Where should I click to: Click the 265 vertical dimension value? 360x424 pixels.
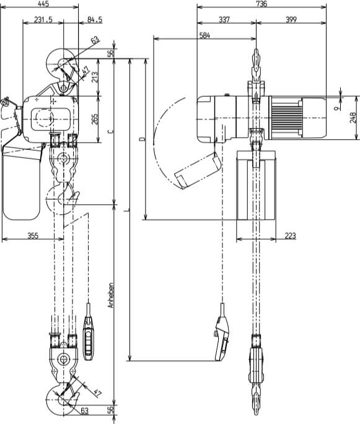pos(95,120)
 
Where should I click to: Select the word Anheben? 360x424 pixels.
pos(110,296)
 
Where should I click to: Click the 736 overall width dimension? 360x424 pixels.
pos(261,4)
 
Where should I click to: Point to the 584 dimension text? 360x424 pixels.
pos(204,36)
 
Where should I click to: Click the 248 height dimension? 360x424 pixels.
pos(353,118)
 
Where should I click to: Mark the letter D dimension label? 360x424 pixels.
pos(141,140)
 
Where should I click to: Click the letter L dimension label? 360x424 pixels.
pos(126,211)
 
